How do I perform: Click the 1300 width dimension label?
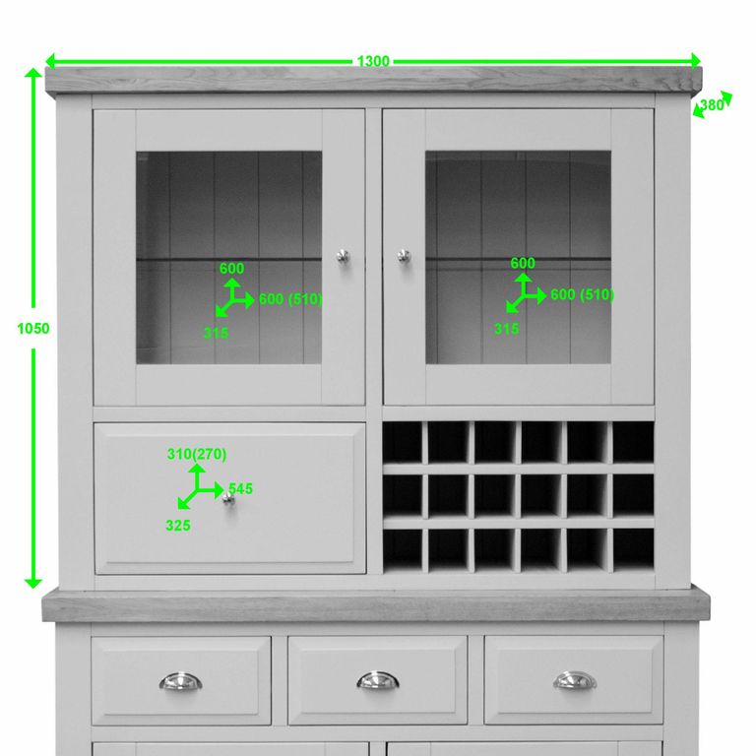[x=373, y=61]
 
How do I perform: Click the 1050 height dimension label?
[x=32, y=329]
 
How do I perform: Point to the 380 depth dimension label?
[x=712, y=105]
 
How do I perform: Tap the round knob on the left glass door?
[x=342, y=256]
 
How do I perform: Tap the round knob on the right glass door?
[x=403, y=256]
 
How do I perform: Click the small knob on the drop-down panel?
[x=228, y=500]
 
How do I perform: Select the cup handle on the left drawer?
[x=180, y=681]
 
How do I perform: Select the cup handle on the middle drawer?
[x=377, y=681]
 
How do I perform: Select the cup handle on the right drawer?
[x=574, y=681]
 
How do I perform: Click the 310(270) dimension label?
[x=197, y=454]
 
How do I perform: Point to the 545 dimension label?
[x=240, y=488]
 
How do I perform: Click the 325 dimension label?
[x=178, y=526]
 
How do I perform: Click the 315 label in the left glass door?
[x=216, y=333]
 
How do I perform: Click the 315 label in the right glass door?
[x=506, y=329]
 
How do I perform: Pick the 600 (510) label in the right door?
[x=582, y=294]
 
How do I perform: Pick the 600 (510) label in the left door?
[x=290, y=299]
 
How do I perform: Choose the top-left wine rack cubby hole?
[x=403, y=442]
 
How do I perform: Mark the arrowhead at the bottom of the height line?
[x=33, y=582]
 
